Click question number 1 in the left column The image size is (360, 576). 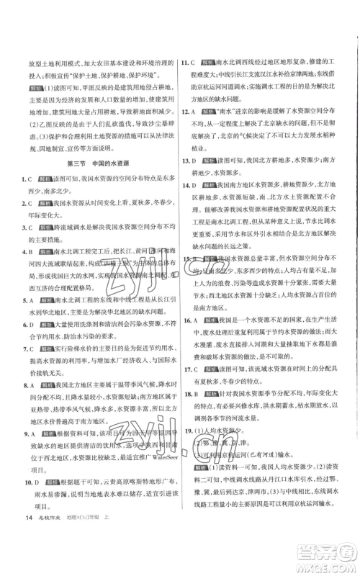23,197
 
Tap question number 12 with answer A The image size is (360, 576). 186,113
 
